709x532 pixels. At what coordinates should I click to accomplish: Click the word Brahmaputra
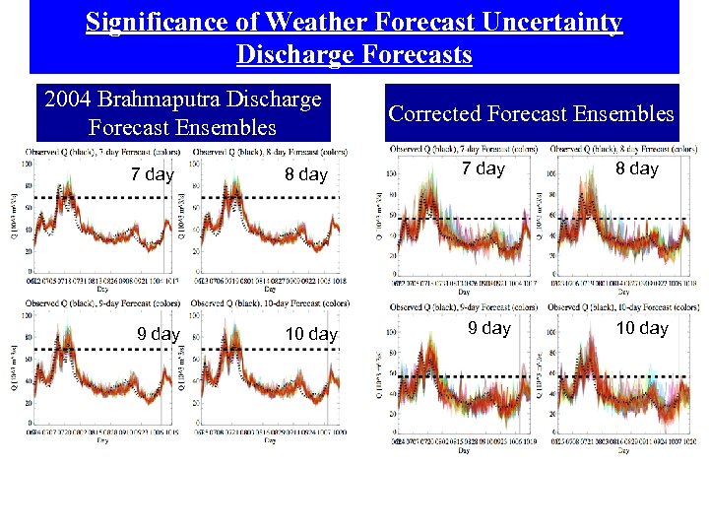coord(175,100)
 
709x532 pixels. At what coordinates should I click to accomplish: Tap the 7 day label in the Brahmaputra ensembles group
coord(153,174)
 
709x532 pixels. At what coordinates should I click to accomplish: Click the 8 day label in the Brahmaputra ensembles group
coord(305,174)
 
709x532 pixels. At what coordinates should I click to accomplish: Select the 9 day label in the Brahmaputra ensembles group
coord(158,334)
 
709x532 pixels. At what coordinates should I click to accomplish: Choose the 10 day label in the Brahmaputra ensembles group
coord(311,334)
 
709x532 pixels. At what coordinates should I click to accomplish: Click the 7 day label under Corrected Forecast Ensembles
coord(483,168)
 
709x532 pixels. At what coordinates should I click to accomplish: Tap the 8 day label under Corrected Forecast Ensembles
coord(637,168)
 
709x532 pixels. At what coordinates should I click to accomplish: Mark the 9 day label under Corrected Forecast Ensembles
coord(489,328)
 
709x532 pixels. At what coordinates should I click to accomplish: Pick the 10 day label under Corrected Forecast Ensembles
coord(642,328)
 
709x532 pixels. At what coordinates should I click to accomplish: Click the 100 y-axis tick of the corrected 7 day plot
coord(390,173)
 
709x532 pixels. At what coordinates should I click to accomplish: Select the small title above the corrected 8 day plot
coord(624,149)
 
